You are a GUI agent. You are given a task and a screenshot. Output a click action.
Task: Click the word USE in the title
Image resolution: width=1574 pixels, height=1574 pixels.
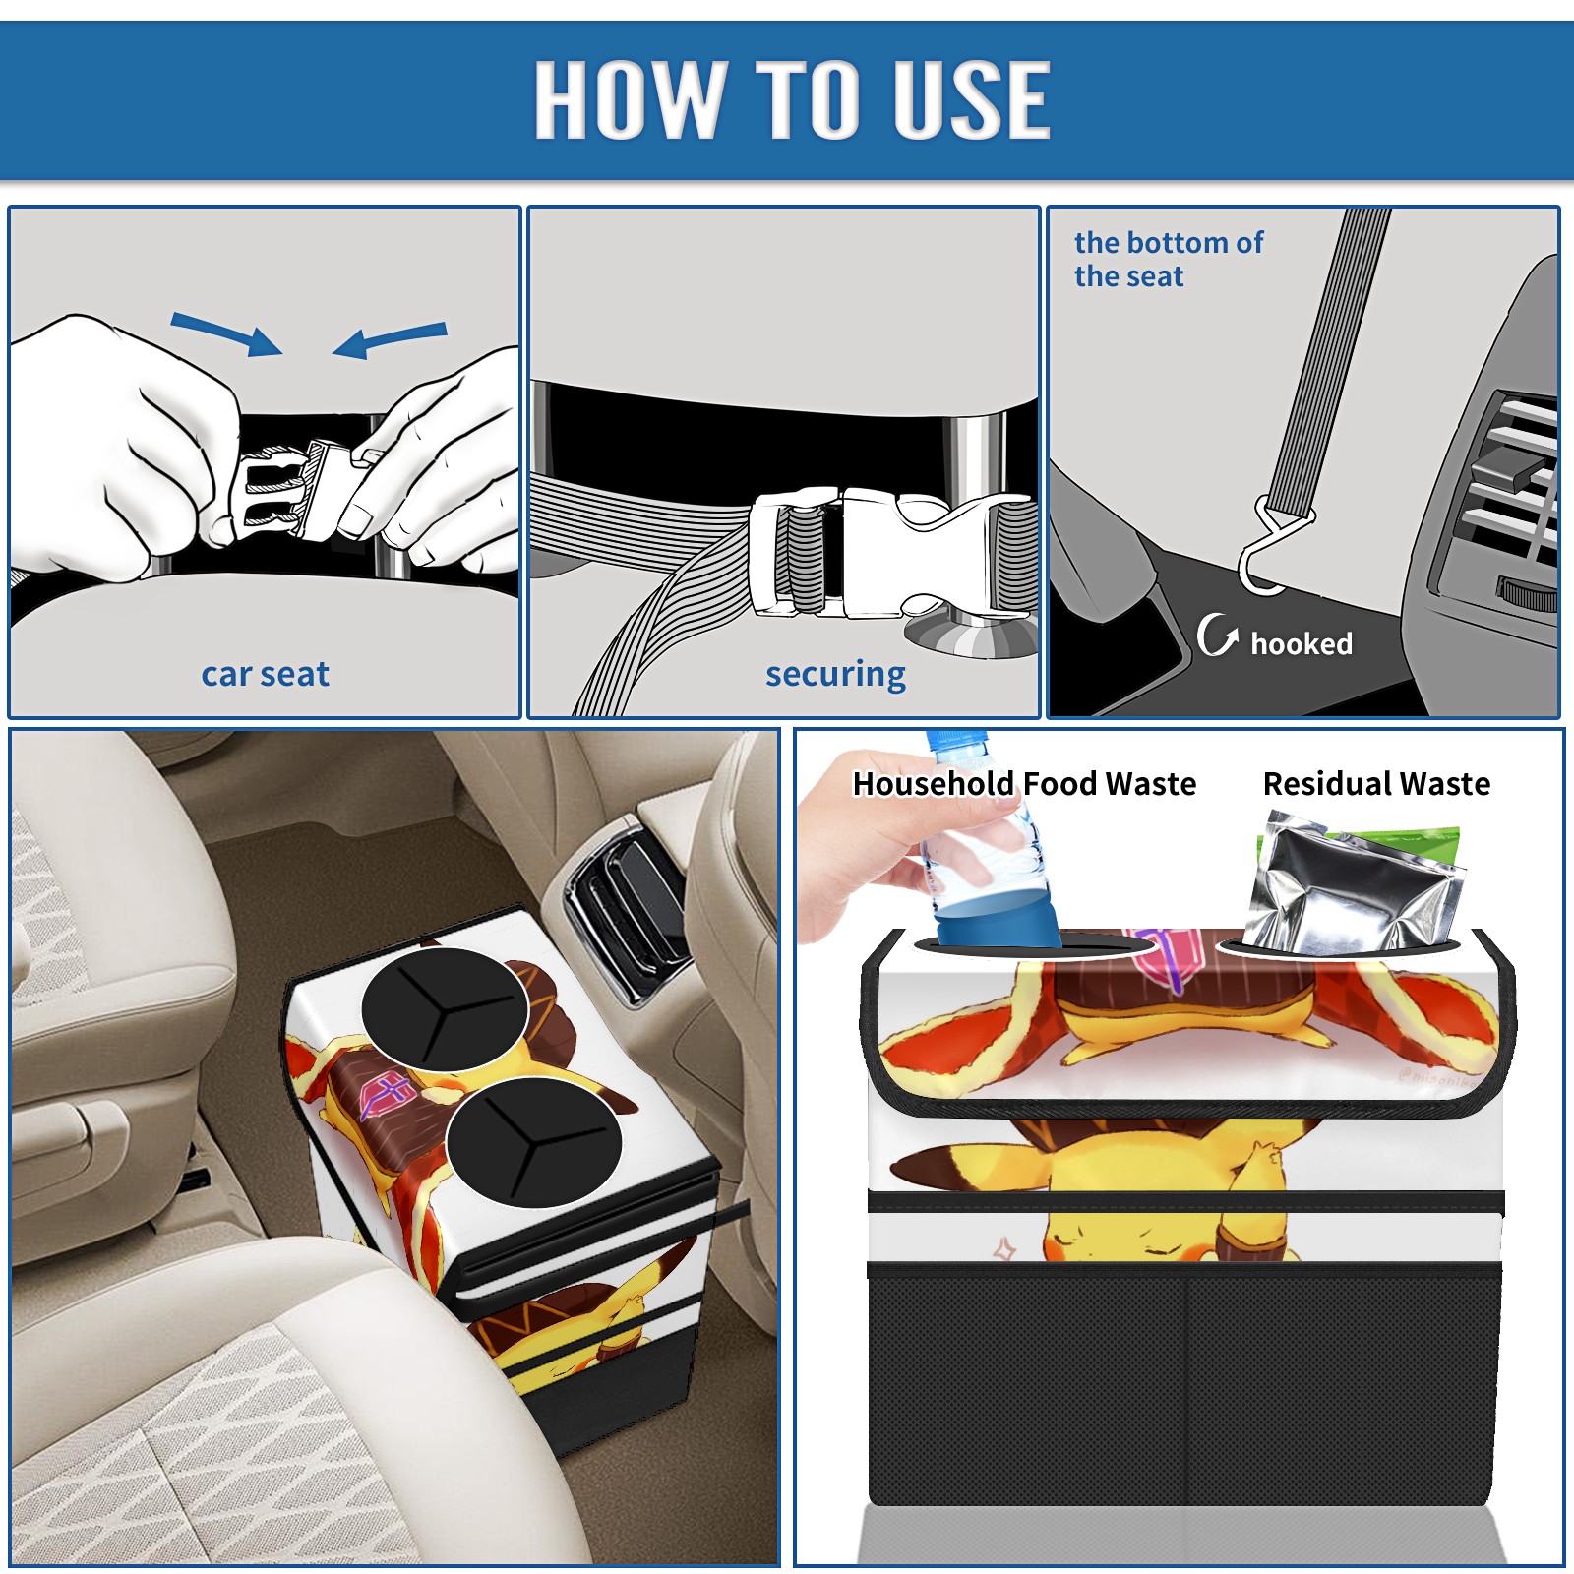pos(972,98)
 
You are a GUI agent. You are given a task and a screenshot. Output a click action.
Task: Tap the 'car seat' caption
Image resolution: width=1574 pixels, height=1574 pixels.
pos(265,674)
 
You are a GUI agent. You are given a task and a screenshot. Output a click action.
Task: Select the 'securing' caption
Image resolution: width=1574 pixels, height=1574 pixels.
pos(835,675)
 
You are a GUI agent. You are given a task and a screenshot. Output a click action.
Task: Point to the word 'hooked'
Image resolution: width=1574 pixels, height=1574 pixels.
pos(1302,643)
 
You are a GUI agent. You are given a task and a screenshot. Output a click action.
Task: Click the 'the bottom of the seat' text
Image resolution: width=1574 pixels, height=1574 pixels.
pos(1168,259)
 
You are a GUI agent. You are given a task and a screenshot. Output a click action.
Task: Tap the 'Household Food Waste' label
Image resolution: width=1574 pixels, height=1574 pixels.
pos(1024,783)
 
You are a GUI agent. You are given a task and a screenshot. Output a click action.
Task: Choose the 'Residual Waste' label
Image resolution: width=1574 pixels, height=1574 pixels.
pos(1376,783)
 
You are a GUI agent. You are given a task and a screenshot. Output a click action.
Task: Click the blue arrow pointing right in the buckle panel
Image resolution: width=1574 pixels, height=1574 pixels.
pos(227,333)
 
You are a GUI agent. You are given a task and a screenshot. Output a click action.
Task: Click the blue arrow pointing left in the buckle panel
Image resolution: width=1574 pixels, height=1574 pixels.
pos(390,339)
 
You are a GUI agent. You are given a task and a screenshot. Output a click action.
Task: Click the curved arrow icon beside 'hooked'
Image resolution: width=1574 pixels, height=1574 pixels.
pos(1217,635)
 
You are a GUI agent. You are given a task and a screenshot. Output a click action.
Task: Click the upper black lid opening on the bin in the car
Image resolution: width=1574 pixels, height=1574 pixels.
pos(445,1009)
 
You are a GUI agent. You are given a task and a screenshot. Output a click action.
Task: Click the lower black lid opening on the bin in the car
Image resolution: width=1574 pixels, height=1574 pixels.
pos(533,1142)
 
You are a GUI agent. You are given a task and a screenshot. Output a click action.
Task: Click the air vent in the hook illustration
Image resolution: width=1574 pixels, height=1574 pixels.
pos(1505,492)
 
